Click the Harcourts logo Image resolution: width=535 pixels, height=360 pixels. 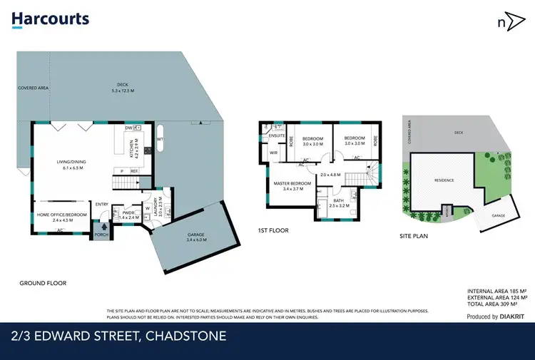click(x=51, y=20)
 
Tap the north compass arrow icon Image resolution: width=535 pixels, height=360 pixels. click(x=507, y=21)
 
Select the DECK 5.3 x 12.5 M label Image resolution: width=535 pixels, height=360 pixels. click(x=122, y=88)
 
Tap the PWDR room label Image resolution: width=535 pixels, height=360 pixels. click(x=128, y=213)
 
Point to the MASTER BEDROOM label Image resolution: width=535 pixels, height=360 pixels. click(x=292, y=187)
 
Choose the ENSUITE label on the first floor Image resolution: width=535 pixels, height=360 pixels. click(x=277, y=135)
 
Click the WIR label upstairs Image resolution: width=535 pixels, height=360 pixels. click(x=272, y=152)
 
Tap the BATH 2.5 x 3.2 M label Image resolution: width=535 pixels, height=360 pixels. click(x=338, y=202)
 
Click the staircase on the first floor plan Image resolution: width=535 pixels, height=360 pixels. click(x=371, y=171)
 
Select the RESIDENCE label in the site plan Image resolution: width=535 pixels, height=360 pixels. click(x=444, y=180)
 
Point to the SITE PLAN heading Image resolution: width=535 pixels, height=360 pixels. click(x=413, y=235)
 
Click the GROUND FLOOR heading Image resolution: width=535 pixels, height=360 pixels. click(x=43, y=283)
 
